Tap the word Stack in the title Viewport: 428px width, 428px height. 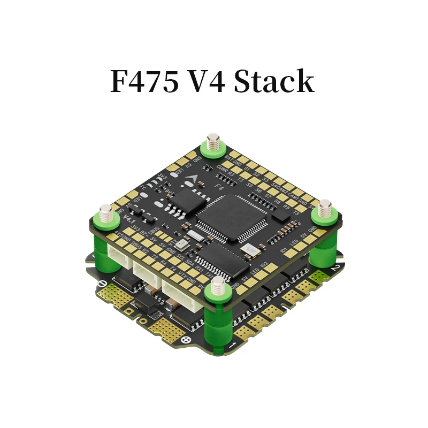click(x=273, y=81)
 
